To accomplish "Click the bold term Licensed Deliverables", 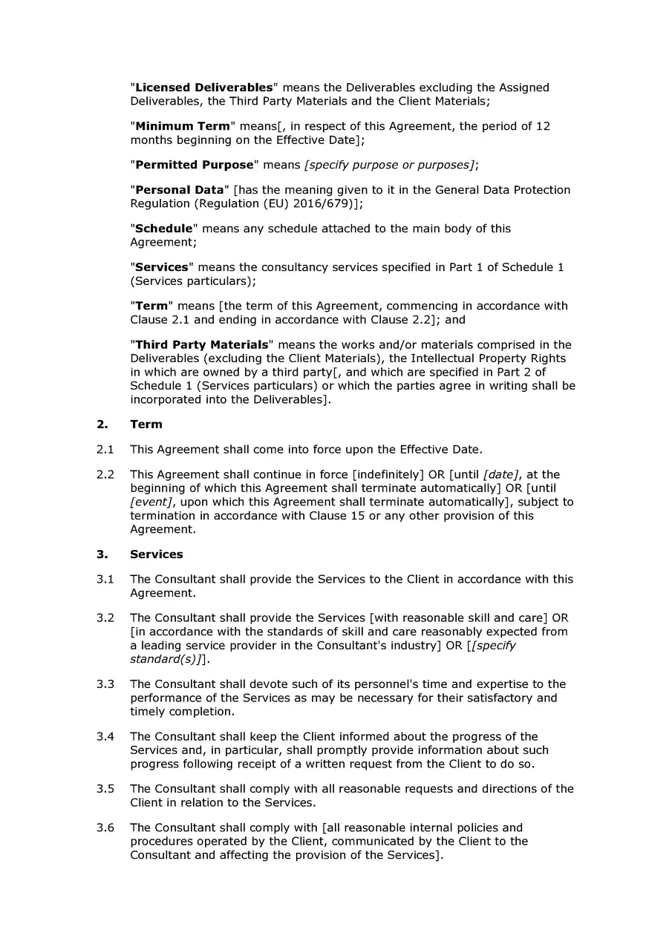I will (x=203, y=88).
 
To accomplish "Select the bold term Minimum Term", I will (x=183, y=126).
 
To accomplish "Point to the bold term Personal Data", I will (x=179, y=190).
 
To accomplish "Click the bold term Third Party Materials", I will (x=201, y=344).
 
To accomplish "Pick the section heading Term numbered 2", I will (x=146, y=425).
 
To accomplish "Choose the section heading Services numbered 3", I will (x=156, y=554).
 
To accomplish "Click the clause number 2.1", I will (x=105, y=450).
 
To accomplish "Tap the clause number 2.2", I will (x=105, y=474).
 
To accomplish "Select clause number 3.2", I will (x=105, y=617).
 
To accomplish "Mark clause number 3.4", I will (x=105, y=736).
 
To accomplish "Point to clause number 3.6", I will (x=105, y=828).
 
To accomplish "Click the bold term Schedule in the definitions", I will (x=164, y=229).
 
